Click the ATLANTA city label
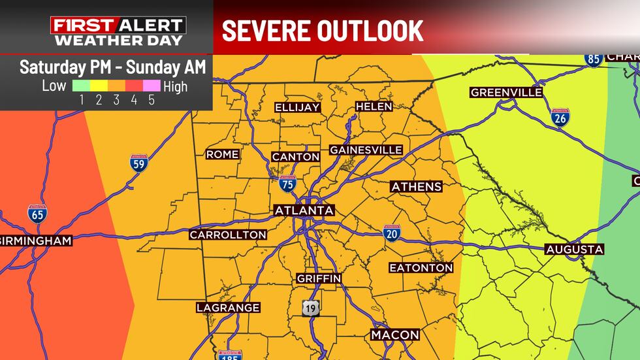(x=304, y=210)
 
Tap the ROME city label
(x=222, y=155)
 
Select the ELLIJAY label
(x=296, y=107)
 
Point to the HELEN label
(x=374, y=106)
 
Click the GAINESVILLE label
(x=366, y=150)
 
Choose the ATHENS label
(x=416, y=187)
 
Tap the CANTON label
(x=296, y=157)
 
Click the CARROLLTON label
(x=228, y=235)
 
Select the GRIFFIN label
(x=319, y=278)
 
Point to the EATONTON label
(x=421, y=268)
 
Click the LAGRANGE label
(x=229, y=308)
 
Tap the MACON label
(x=395, y=335)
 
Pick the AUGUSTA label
(x=575, y=250)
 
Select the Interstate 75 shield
(x=287, y=184)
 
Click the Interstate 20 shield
(x=392, y=231)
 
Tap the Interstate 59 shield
(x=138, y=163)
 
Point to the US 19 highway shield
(x=311, y=308)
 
